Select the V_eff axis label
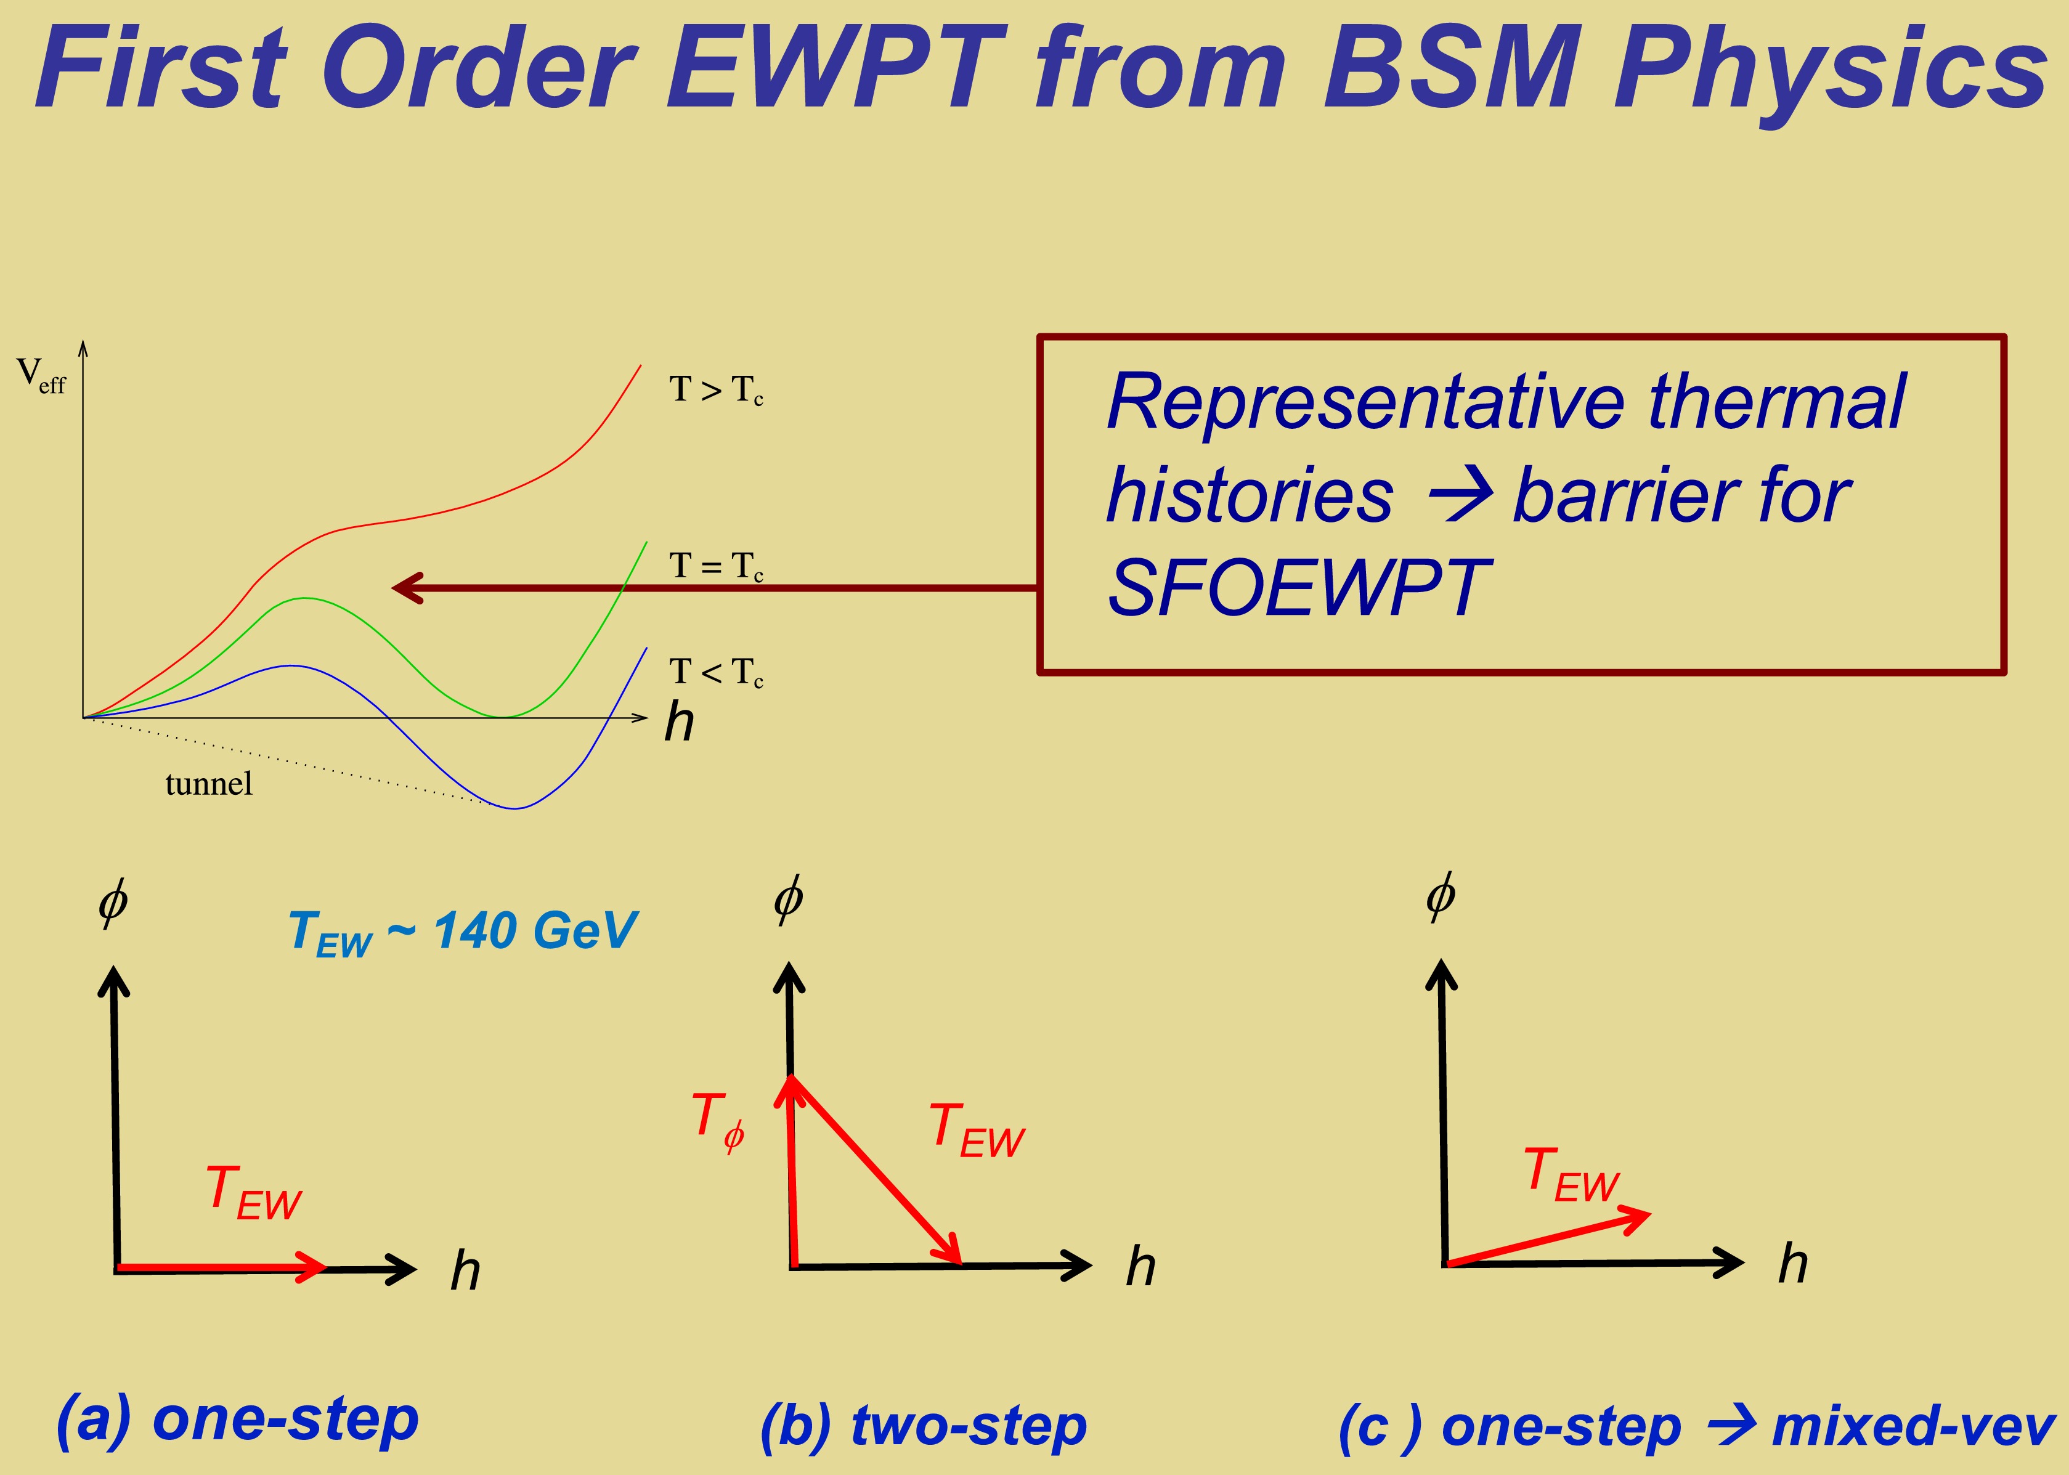41,375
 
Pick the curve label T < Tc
716,672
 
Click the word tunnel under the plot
209,783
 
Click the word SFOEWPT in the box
1299,588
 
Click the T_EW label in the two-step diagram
977,1130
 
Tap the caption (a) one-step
237,1419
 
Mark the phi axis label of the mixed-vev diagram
1441,896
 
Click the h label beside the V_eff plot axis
680,722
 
